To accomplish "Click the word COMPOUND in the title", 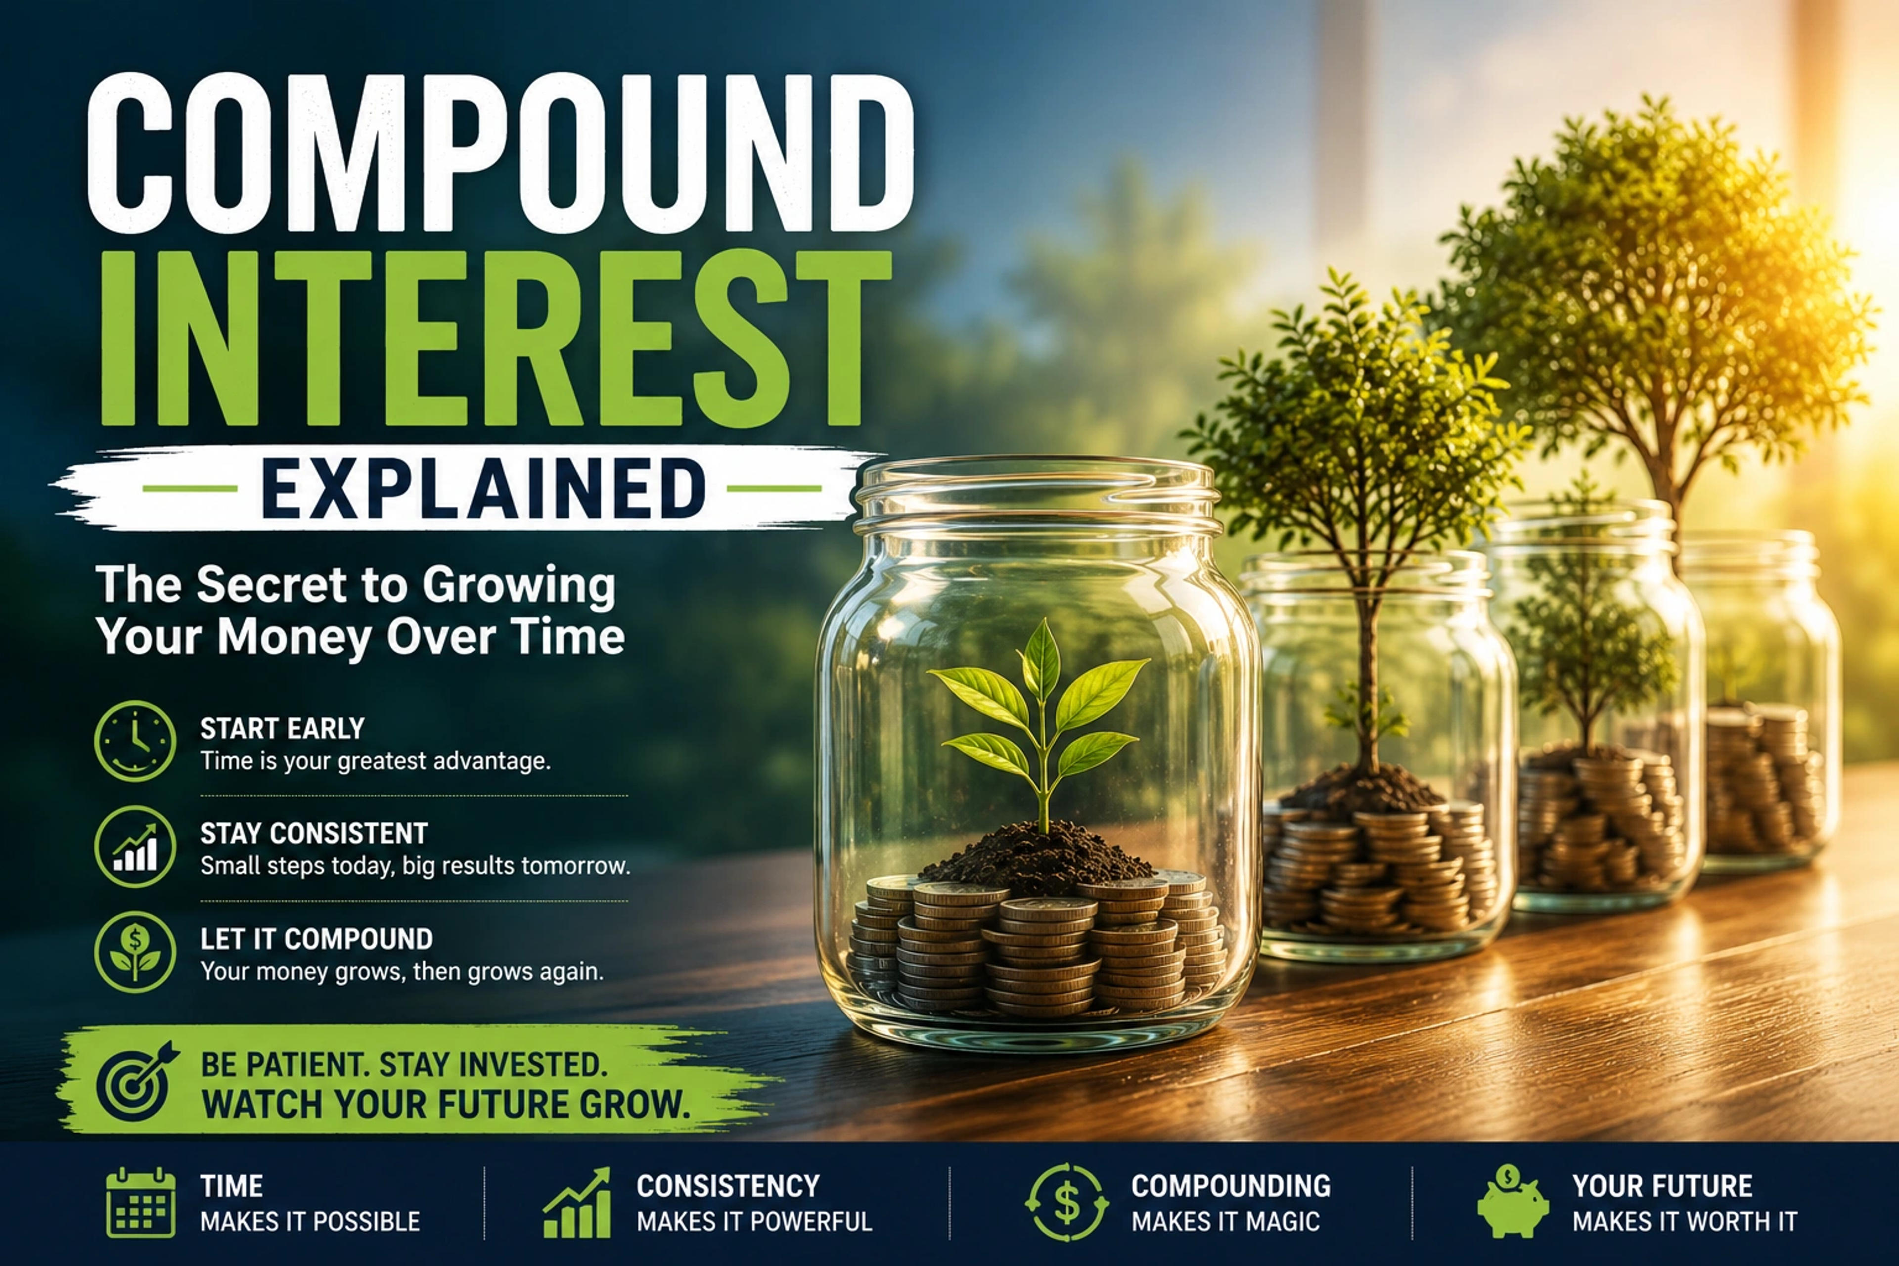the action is pyautogui.click(x=500, y=153).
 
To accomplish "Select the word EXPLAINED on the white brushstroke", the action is pyautogui.click(x=483, y=489).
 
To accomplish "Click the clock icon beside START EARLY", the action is pyautogui.click(x=135, y=740).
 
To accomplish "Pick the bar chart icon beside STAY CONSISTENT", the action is pyautogui.click(x=135, y=846).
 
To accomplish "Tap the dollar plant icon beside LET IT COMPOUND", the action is pyautogui.click(x=135, y=952).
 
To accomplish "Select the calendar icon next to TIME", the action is pyautogui.click(x=140, y=1202).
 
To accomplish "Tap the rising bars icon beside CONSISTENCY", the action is pyautogui.click(x=577, y=1202).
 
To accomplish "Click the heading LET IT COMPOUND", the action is pyautogui.click(x=316, y=939).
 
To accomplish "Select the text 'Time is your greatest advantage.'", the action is pyautogui.click(x=375, y=762).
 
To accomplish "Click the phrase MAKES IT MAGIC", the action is pyautogui.click(x=1225, y=1221).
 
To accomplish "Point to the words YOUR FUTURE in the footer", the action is pyautogui.click(x=1663, y=1186).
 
